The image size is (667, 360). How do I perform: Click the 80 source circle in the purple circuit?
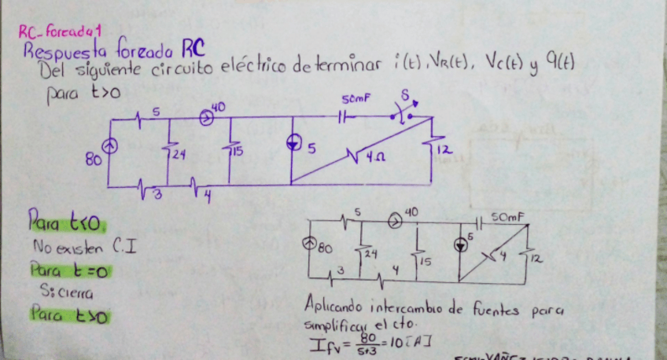(112, 145)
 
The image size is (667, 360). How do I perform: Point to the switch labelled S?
(405, 115)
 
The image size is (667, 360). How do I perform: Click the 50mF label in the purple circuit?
(355, 99)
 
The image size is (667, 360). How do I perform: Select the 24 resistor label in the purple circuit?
(178, 156)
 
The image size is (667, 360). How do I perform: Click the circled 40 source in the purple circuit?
(206, 118)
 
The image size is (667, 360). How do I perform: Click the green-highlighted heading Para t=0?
(68, 271)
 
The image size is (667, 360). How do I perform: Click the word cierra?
(76, 293)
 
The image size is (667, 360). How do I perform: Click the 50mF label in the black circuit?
(504, 215)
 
